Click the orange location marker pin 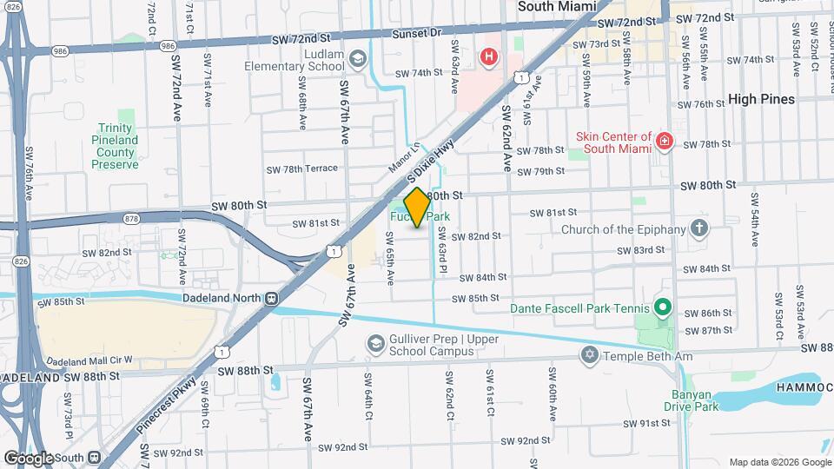coord(417,208)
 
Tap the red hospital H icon coord(489,57)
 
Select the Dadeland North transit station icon coord(272,297)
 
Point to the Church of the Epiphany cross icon coord(699,229)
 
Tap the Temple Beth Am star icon coord(590,356)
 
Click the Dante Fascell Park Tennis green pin coord(661,307)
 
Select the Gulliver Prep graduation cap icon coord(375,344)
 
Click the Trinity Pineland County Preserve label coord(116,146)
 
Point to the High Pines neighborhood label coord(761,99)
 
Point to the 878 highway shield coord(131,219)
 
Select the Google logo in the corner coord(28,458)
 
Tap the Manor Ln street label coord(403,156)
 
